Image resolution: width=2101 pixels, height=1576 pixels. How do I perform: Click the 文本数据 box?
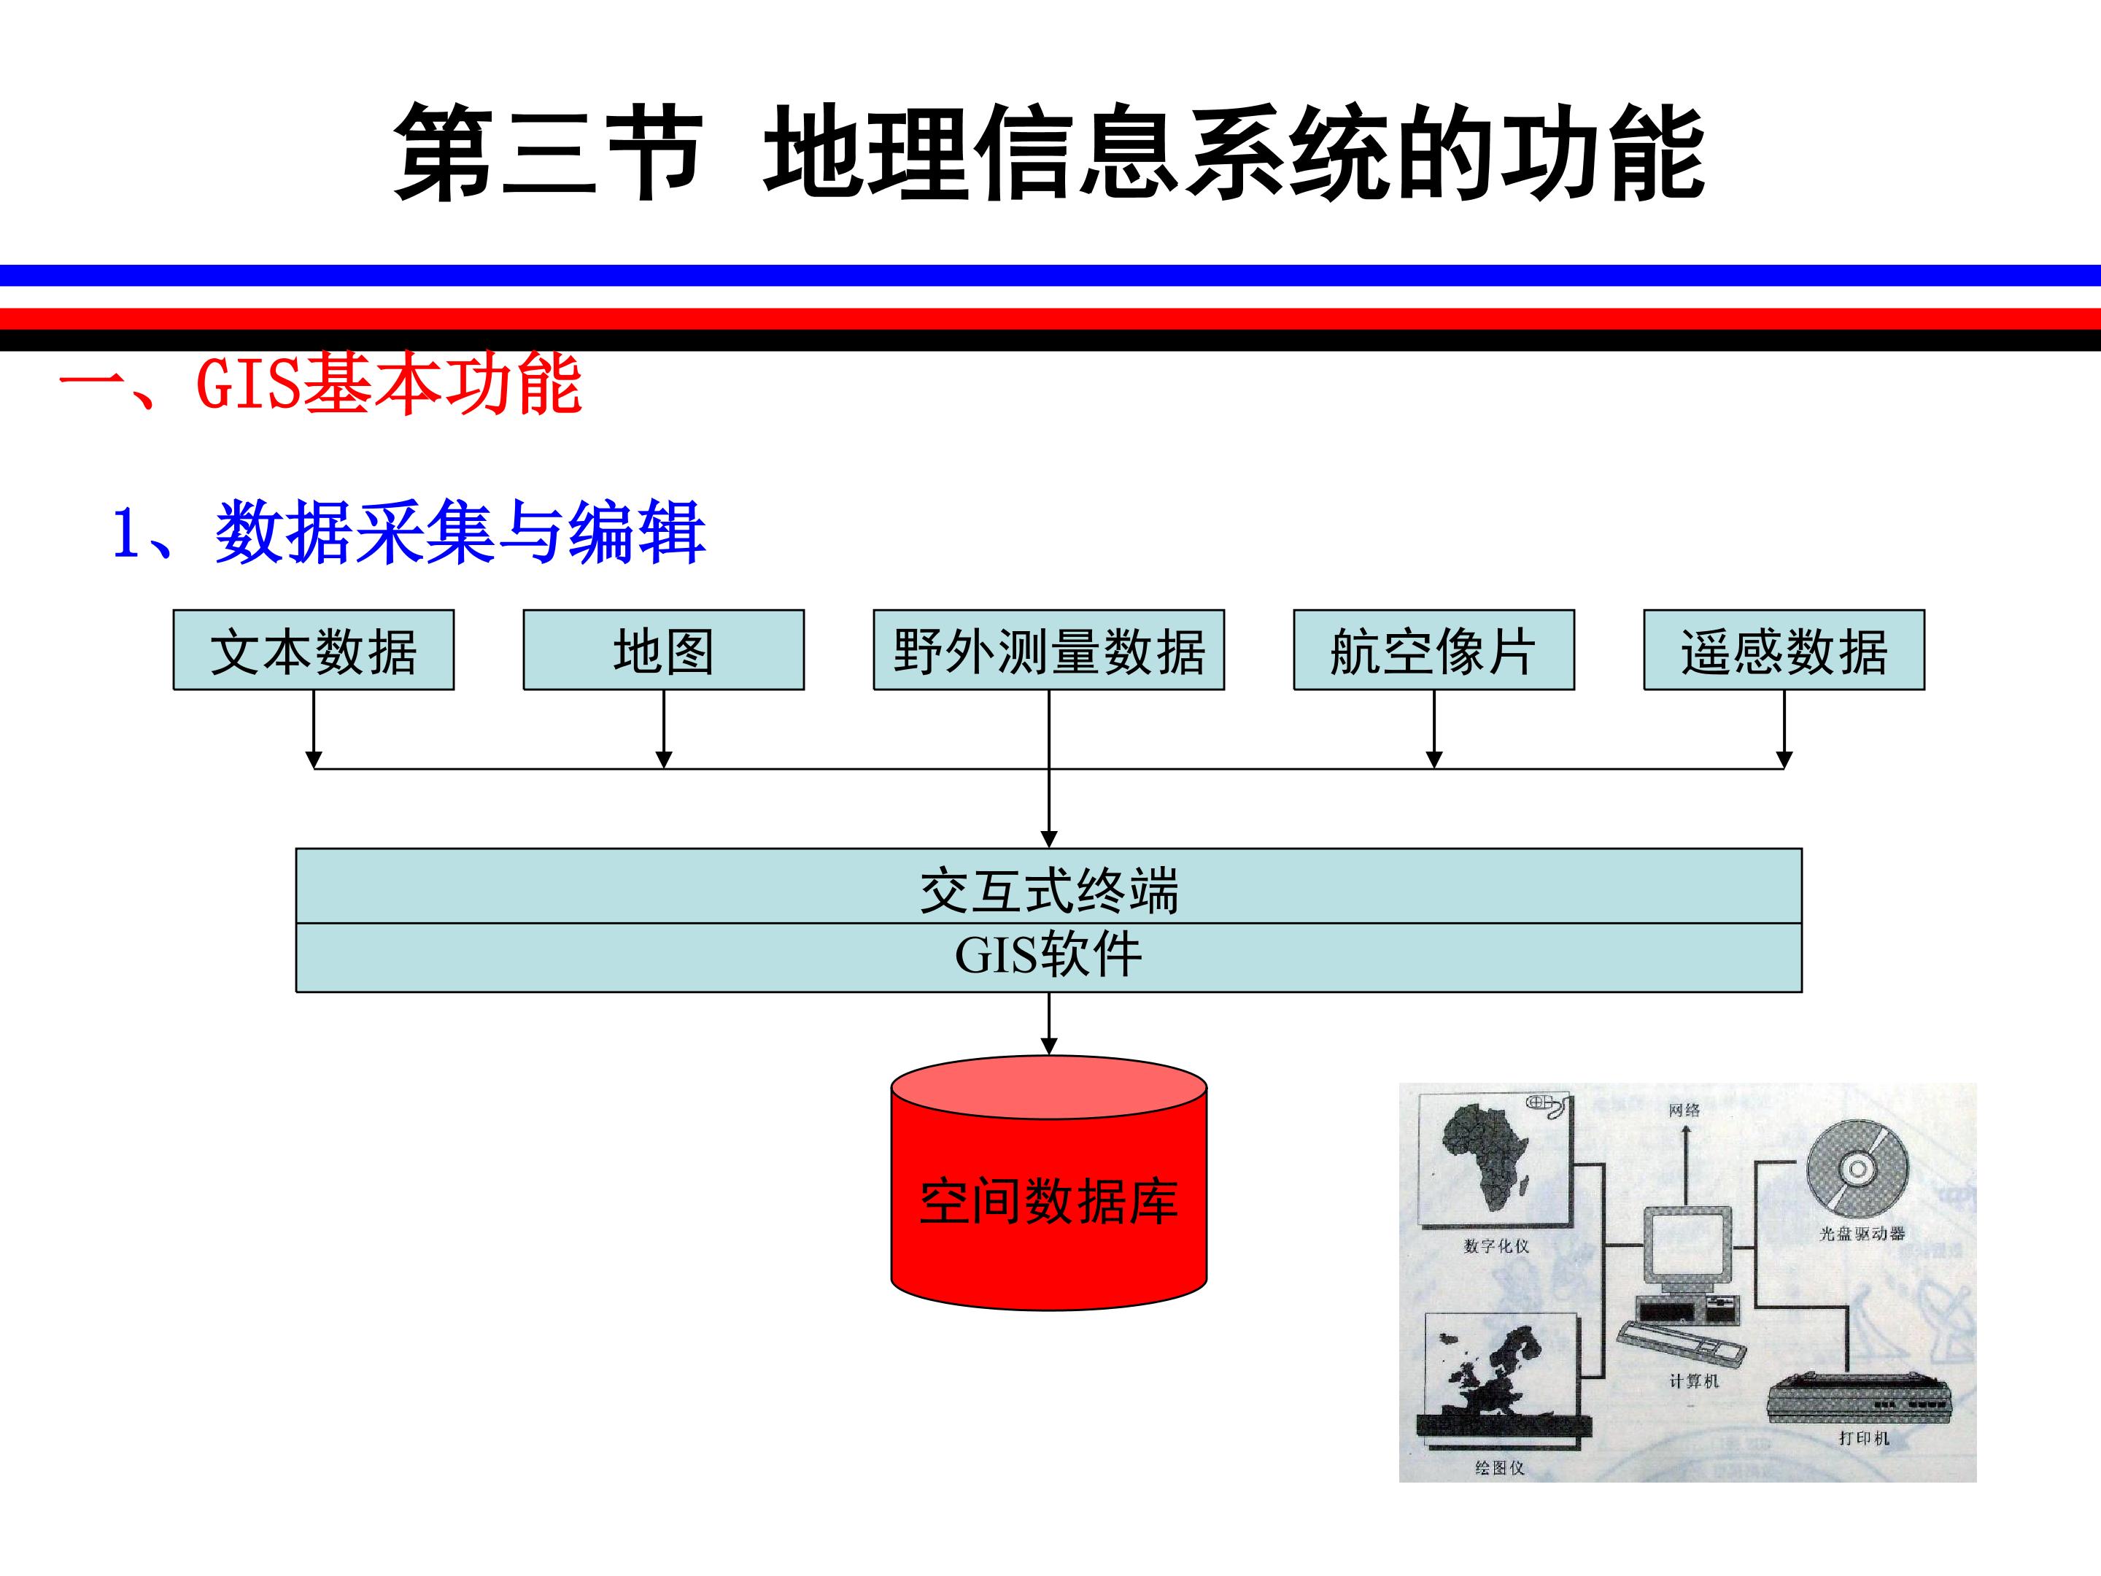tap(314, 650)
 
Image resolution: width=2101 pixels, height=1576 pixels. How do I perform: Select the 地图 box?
tap(663, 650)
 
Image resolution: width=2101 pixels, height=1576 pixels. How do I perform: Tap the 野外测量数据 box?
tap(1048, 650)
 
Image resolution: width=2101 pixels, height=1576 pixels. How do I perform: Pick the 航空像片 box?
tap(1433, 650)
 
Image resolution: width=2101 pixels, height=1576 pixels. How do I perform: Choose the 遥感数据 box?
tap(1784, 650)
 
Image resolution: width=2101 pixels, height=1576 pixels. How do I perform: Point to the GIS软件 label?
tap(1048, 956)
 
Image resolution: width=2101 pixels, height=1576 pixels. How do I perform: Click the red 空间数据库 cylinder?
tap(1048, 1183)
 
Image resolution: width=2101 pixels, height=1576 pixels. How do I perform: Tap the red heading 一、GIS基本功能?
tap(320, 385)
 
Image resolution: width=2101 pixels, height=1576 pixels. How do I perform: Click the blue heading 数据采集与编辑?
tap(460, 533)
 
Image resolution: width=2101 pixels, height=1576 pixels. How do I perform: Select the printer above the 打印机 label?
tap(1860, 1397)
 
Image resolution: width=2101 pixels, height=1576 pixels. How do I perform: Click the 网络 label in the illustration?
tap(1684, 1110)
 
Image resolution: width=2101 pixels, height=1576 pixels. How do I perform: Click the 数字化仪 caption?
tap(1497, 1245)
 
